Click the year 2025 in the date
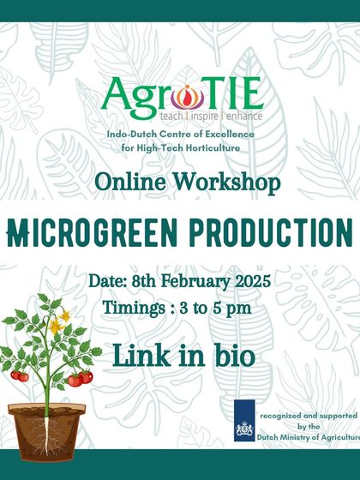coord(252,281)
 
